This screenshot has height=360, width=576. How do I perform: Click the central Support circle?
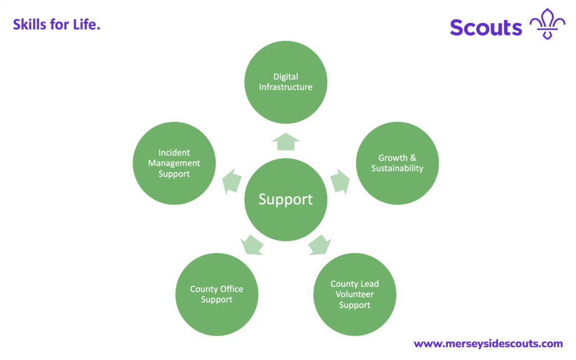[x=286, y=200]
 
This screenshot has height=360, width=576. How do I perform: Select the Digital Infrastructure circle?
[x=286, y=82]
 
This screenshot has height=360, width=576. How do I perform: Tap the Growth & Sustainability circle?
[x=398, y=163]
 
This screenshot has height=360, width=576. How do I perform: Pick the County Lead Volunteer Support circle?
[x=354, y=295]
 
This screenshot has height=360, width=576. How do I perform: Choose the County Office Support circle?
[x=217, y=294]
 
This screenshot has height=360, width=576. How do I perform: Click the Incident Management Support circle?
[x=174, y=163]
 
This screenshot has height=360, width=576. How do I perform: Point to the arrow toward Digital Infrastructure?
[x=286, y=142]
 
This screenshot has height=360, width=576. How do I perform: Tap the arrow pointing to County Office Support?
[x=252, y=244]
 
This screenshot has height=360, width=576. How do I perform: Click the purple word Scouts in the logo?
[x=486, y=27]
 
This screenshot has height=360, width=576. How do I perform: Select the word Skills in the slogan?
[x=29, y=25]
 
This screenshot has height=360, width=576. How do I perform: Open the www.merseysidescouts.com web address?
[x=488, y=343]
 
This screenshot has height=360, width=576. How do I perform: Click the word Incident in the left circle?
[x=174, y=152]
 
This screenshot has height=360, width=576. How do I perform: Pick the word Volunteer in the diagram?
[x=354, y=294]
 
